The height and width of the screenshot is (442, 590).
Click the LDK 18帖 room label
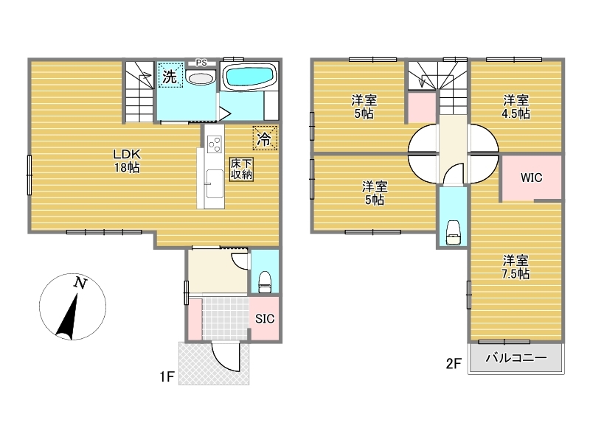click(127, 161)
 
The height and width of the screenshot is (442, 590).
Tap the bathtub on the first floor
click(249, 76)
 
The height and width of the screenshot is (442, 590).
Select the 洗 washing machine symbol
click(170, 76)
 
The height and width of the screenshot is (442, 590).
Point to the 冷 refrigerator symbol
click(265, 138)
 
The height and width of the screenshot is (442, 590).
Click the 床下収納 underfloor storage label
click(241, 169)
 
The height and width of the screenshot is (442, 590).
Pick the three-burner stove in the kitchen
click(214, 144)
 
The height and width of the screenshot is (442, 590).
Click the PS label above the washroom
click(201, 63)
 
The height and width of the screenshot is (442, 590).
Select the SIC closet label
click(265, 319)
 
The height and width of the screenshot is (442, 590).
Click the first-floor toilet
click(265, 282)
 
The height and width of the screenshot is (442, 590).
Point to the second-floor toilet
click(454, 233)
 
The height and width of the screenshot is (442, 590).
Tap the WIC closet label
click(531, 178)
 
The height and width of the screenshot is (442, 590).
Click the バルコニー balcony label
click(516, 357)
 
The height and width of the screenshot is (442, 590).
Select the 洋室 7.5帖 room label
click(516, 267)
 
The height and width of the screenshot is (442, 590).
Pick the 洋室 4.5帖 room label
click(516, 107)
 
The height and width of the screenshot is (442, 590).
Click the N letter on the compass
click(80, 283)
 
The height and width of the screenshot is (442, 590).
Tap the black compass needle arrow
click(68, 316)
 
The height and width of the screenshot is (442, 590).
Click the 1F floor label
click(167, 376)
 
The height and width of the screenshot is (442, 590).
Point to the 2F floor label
click(454, 363)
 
